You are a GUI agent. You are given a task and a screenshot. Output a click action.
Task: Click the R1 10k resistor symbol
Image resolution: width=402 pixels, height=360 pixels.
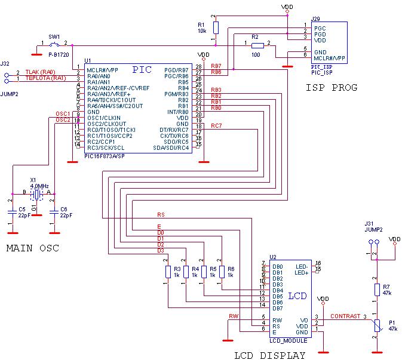pyautogui.click(x=216, y=27)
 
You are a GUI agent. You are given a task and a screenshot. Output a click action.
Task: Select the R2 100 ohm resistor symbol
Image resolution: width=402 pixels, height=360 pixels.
pyautogui.click(x=257, y=45)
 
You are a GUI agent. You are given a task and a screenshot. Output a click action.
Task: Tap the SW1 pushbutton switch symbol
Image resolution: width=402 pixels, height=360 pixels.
pyautogui.click(x=54, y=45)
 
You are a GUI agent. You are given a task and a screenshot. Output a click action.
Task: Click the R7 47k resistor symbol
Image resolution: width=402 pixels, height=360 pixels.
pyautogui.click(x=377, y=290)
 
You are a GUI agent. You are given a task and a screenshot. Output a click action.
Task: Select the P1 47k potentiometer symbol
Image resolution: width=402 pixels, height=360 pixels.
pyautogui.click(x=377, y=325)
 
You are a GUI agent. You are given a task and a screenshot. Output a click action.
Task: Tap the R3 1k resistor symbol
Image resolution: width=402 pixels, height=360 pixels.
pyautogui.click(x=168, y=272)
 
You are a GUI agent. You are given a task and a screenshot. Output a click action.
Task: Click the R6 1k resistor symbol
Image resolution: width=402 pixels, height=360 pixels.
pyautogui.click(x=222, y=272)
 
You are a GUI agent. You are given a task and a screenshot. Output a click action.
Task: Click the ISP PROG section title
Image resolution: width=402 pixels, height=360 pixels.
pyautogui.click(x=331, y=88)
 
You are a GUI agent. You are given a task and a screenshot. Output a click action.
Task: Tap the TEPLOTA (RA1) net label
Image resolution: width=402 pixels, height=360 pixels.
pyautogui.click(x=45, y=78)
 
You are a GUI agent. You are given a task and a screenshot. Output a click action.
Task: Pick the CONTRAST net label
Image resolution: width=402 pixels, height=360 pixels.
pyautogui.click(x=345, y=316)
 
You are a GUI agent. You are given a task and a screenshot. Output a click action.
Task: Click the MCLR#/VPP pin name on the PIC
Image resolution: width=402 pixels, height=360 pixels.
pyautogui.click(x=102, y=70)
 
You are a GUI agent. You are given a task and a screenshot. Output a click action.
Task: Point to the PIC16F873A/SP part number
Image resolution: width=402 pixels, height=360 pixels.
pyautogui.click(x=105, y=156)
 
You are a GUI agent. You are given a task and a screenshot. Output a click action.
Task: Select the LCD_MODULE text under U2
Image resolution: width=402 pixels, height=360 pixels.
pyautogui.click(x=288, y=340)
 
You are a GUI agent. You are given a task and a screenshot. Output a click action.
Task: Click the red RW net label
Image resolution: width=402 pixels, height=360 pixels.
pyautogui.click(x=233, y=316)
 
